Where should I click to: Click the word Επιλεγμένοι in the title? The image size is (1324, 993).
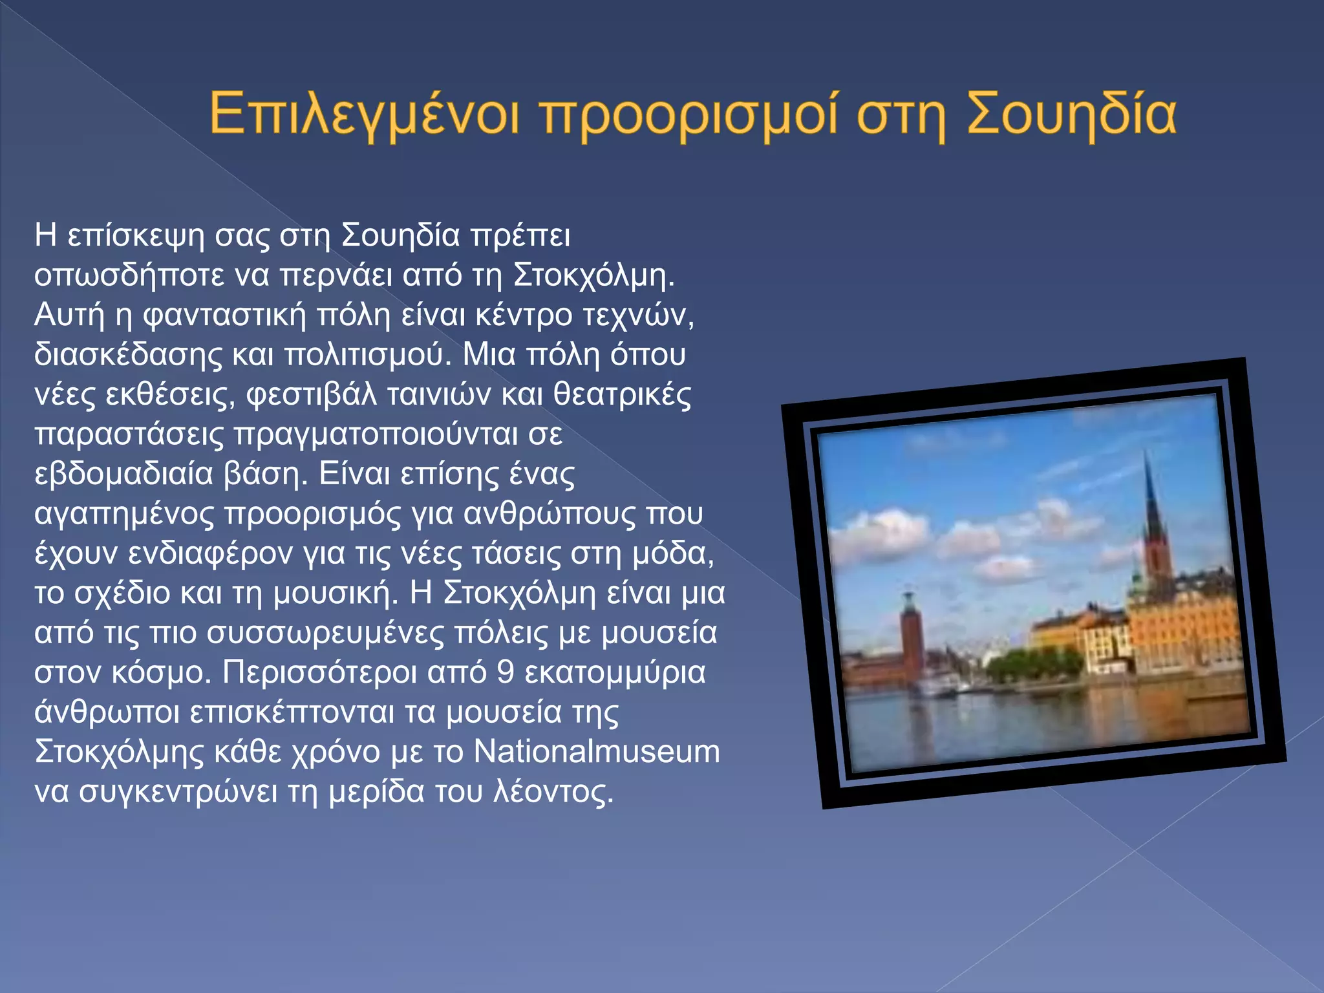click(x=364, y=115)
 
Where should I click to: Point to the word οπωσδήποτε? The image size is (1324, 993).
click(x=130, y=276)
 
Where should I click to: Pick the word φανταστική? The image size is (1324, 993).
click(x=224, y=315)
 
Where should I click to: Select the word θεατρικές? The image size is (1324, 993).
click(x=623, y=394)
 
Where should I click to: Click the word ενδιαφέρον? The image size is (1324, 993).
click(x=210, y=554)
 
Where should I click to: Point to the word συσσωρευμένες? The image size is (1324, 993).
click(x=326, y=634)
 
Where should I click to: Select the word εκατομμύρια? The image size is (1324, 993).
click(x=615, y=673)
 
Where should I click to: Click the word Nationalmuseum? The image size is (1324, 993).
click(x=596, y=753)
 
